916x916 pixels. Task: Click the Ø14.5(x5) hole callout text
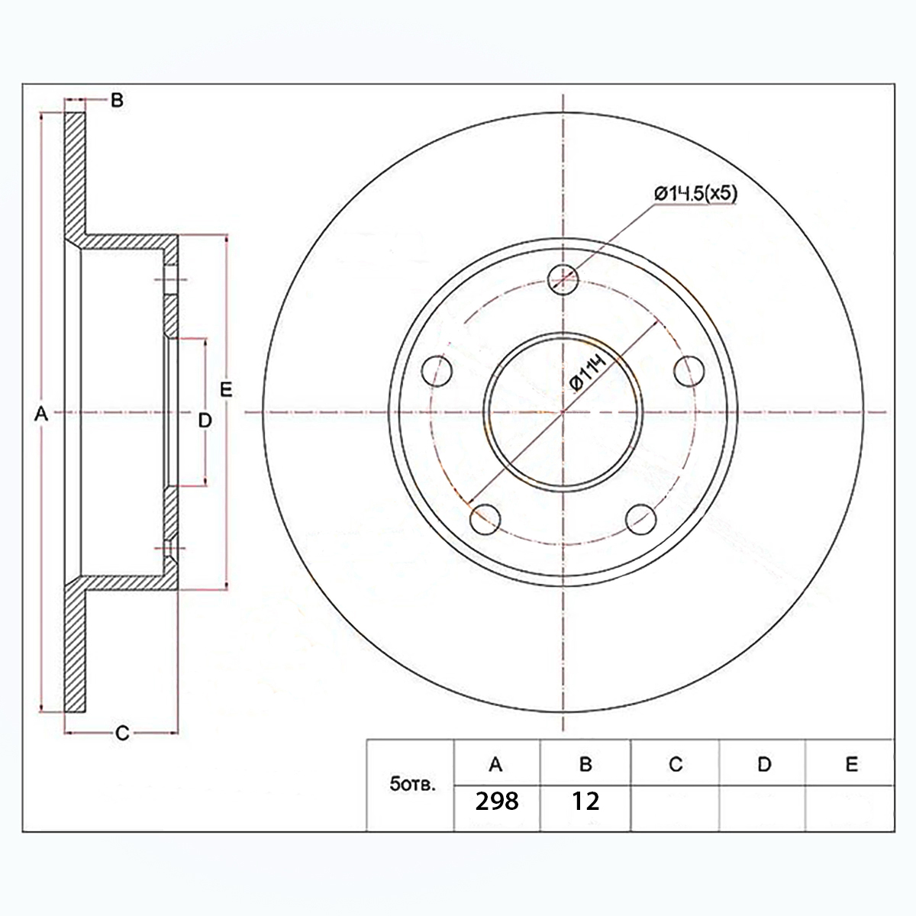(695, 194)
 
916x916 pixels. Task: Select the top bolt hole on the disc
(563, 279)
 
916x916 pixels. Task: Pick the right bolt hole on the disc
(689, 371)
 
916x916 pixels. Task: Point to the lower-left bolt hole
(485, 519)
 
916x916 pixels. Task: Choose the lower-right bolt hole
(640, 519)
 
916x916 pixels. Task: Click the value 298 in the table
(497, 801)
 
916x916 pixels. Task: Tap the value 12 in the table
(585, 801)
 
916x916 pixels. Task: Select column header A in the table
(496, 764)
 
